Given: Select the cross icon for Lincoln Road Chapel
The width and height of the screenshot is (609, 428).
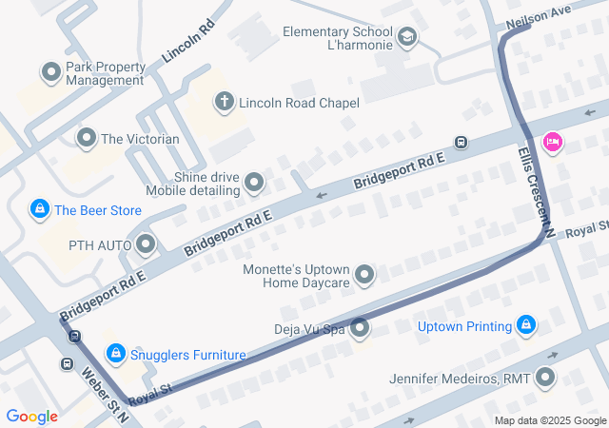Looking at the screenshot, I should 225,102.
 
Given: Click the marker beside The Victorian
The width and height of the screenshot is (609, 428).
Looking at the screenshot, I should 87,139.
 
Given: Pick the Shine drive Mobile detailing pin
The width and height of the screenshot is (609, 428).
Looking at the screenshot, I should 254,182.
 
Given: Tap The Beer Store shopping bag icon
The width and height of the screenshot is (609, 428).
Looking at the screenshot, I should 39,209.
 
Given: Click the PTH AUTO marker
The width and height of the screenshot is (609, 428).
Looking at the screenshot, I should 146,245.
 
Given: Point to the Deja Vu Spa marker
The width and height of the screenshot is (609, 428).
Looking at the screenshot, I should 360,329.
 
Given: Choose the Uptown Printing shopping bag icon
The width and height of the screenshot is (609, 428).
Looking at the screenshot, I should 526,326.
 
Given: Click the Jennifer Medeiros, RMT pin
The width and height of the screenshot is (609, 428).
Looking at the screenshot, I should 546,379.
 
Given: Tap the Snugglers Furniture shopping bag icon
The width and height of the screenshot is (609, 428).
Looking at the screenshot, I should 115,354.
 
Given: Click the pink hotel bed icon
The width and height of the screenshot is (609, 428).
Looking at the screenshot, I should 551,143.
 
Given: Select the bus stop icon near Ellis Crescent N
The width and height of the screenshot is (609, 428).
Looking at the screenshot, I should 461,143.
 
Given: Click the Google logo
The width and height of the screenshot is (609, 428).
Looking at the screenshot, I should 32,416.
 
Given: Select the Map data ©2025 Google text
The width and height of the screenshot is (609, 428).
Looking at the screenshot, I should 550,421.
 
